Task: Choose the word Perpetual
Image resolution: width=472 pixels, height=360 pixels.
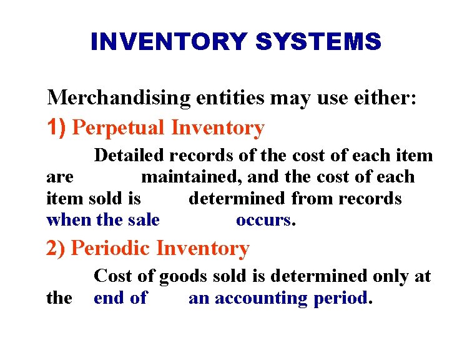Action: point(119,128)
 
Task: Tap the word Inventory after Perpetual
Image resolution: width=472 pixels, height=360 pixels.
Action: point(218,128)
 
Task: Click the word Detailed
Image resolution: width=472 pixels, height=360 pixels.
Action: point(129,155)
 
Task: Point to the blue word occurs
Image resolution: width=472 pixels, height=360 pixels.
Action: point(263,220)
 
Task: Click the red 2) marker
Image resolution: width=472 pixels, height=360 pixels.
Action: point(57,248)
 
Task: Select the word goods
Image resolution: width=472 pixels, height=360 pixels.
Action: point(183,276)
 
